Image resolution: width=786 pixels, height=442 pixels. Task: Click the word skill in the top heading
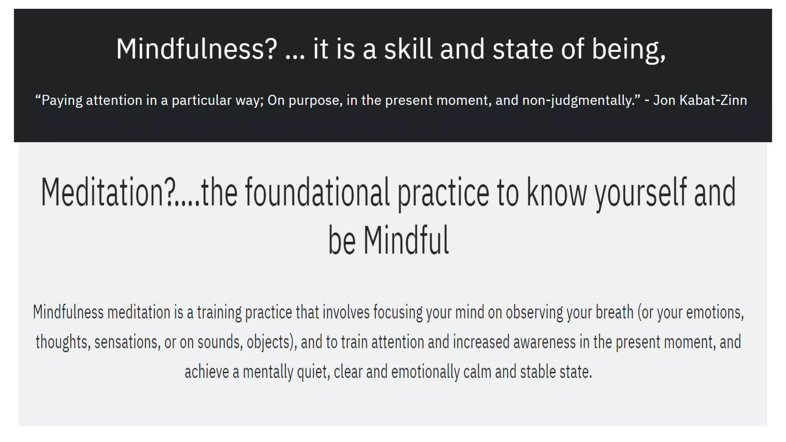(x=408, y=49)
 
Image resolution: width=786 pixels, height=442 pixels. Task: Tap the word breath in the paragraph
(x=614, y=312)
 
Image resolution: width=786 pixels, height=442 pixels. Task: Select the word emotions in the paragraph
(x=715, y=312)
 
